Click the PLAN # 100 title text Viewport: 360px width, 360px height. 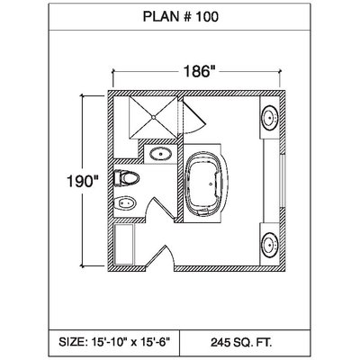181,17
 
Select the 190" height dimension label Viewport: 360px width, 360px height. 83,182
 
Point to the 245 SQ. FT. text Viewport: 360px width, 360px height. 242,342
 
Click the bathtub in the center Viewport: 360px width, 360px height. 205,184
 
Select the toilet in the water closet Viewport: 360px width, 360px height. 127,178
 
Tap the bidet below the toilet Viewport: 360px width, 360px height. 125,204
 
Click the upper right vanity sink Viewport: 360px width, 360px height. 271,117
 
